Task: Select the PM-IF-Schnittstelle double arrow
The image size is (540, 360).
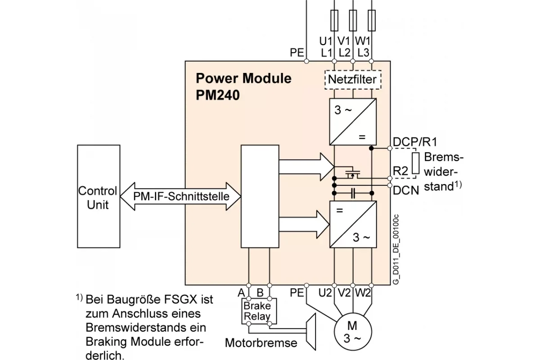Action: (x=180, y=196)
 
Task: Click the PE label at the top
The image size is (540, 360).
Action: (x=297, y=53)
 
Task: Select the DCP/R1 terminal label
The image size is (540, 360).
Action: (x=415, y=142)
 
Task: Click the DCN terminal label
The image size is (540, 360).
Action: (x=406, y=191)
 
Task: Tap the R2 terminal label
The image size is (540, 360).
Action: (x=400, y=171)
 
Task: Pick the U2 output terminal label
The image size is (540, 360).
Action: (x=325, y=293)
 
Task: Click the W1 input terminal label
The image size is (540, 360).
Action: (x=363, y=41)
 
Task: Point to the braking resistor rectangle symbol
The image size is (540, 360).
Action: (x=415, y=163)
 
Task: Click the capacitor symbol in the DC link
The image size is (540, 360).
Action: (x=353, y=193)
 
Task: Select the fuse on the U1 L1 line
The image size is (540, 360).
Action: (x=334, y=21)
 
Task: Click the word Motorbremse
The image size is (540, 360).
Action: (x=261, y=343)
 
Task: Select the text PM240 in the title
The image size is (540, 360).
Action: (x=218, y=95)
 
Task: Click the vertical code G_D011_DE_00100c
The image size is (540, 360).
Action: (x=396, y=249)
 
